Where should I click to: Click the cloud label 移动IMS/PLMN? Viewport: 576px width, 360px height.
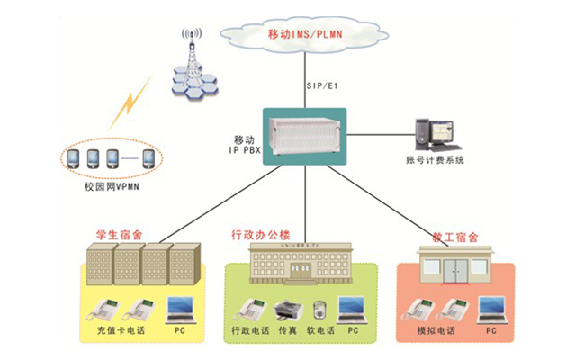(x=305, y=35)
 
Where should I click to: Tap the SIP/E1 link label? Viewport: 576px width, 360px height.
(x=321, y=86)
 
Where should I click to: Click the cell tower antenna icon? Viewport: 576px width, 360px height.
(x=190, y=62)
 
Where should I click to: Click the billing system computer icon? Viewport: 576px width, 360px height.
(x=436, y=135)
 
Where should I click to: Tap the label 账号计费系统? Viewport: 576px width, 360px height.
(x=434, y=161)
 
